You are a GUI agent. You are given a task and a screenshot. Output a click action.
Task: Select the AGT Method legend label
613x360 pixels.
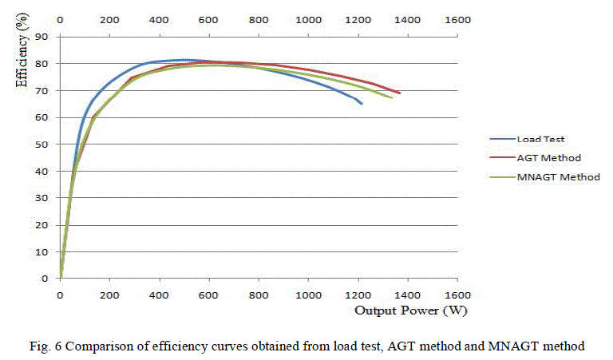546,157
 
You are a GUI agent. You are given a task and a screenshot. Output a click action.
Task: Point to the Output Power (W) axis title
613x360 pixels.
405,310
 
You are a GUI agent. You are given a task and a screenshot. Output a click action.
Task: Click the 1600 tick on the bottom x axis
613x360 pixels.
457,295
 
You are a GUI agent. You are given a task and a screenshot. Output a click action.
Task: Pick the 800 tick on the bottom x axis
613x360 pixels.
259,295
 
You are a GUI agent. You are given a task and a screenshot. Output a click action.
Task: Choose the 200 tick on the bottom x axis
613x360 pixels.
109,295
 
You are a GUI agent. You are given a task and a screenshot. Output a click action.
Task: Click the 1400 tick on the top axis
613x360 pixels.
407,19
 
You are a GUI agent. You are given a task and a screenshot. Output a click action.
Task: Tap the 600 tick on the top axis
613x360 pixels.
209,19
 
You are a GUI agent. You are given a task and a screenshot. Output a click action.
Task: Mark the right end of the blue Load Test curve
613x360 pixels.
362,104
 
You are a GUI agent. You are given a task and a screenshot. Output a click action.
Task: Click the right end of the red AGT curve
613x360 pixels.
400,93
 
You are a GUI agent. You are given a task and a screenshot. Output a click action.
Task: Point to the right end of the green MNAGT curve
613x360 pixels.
392,97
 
